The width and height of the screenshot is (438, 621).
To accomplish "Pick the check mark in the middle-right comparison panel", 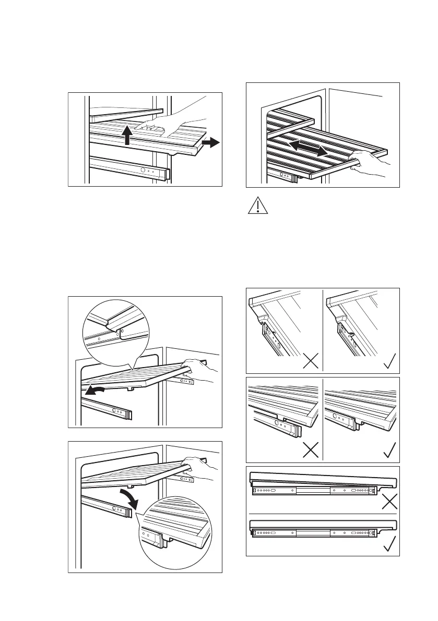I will (x=389, y=449).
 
